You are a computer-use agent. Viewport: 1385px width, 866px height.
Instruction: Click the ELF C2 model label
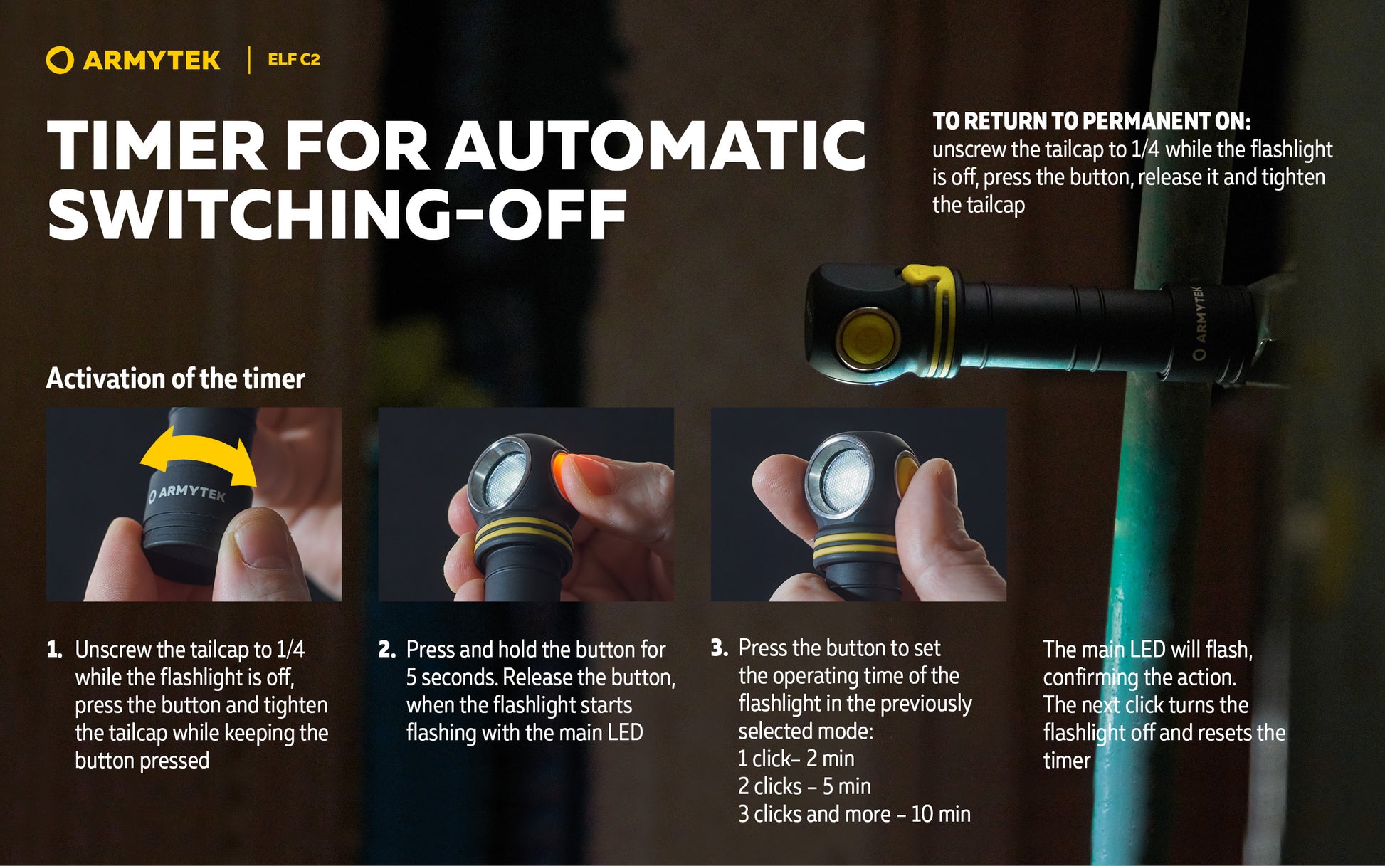click(x=294, y=60)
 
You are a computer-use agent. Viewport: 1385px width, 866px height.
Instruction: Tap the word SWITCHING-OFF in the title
click(x=337, y=214)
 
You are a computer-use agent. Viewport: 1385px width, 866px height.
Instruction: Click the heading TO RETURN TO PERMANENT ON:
click(x=1091, y=121)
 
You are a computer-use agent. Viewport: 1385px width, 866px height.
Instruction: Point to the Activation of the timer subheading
click(x=175, y=379)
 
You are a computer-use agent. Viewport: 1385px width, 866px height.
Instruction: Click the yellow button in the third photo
click(x=908, y=477)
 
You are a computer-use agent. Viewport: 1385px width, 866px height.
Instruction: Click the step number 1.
click(x=54, y=650)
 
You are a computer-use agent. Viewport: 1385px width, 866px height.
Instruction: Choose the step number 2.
click(x=386, y=650)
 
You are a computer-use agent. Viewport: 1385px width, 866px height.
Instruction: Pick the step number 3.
click(x=719, y=648)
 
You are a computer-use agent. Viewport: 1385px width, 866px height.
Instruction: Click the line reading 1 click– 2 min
click(x=796, y=759)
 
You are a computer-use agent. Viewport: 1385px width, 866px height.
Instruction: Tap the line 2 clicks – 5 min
click(x=804, y=787)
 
